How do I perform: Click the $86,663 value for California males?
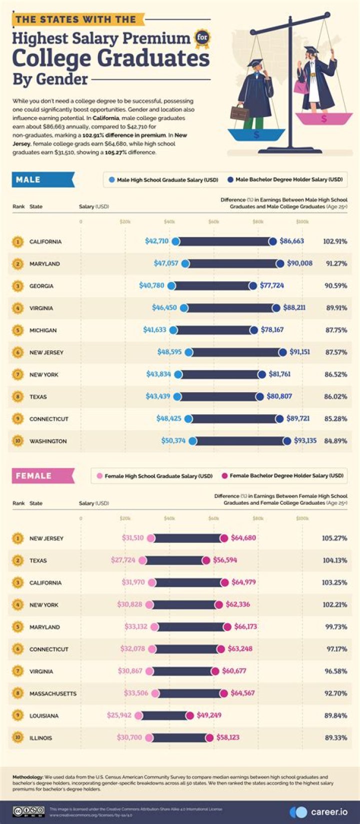(x=291, y=241)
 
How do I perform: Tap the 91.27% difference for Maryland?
(x=336, y=264)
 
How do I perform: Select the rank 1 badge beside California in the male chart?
(x=18, y=242)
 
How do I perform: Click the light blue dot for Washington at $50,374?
(x=193, y=441)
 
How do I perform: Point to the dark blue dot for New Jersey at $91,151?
(x=283, y=352)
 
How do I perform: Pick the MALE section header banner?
(x=42, y=180)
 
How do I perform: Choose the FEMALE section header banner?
(x=42, y=476)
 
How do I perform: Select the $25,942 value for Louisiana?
(x=119, y=715)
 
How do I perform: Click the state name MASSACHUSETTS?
(x=53, y=693)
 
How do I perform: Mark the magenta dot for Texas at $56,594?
(x=206, y=560)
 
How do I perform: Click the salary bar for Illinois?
(x=179, y=737)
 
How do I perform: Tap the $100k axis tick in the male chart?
(x=302, y=222)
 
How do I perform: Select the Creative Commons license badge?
(x=28, y=811)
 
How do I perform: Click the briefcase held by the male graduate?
(x=239, y=112)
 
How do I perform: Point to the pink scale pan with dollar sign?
(x=324, y=119)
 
